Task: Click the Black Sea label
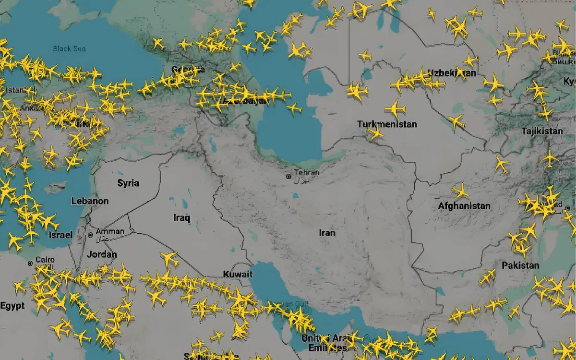(69, 48)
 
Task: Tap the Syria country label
(128, 183)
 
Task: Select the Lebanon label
(90, 202)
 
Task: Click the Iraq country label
(181, 218)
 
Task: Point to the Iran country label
(327, 233)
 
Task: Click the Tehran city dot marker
(288, 177)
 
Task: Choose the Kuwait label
(238, 274)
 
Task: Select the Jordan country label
(101, 254)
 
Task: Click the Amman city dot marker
(91, 235)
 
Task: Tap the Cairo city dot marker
(30, 263)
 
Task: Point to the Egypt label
(12, 306)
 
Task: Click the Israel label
(60, 235)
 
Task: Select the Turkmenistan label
(387, 124)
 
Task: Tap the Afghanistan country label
(464, 206)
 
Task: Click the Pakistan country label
(520, 265)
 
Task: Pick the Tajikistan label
(542, 131)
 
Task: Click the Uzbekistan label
(452, 73)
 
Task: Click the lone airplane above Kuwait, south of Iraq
(169, 259)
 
